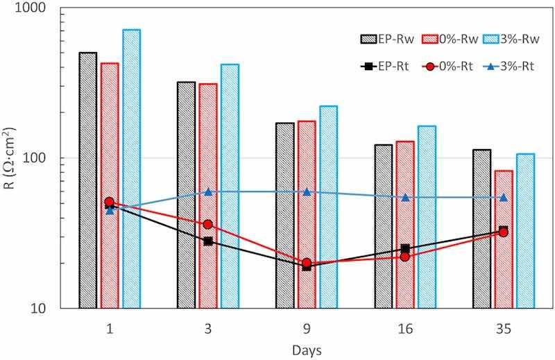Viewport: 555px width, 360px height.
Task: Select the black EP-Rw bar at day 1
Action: pos(88,180)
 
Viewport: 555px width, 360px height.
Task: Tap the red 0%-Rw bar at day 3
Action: pos(208,195)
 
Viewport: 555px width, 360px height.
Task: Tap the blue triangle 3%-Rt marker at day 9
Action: pos(307,191)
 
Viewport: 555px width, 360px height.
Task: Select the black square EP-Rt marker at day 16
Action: pos(405,248)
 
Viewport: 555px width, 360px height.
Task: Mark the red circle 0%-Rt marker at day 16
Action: pos(405,257)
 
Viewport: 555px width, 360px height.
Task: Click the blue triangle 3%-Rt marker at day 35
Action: pos(504,197)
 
